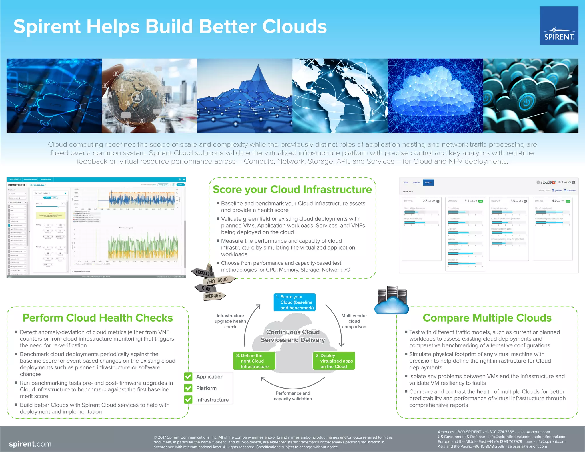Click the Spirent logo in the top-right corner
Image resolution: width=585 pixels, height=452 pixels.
pos(559,25)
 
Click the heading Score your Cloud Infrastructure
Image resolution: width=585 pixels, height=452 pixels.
pos(292,190)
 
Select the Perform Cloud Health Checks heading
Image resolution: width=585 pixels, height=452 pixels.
pos(98,318)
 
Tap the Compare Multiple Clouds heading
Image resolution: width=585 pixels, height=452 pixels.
pos(487,318)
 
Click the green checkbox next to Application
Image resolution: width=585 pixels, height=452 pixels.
pos(188,377)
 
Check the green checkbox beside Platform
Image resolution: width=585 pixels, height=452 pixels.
pos(188,388)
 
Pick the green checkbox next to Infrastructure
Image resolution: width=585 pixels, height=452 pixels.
pos(188,400)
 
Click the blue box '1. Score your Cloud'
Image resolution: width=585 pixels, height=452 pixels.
pos(294,302)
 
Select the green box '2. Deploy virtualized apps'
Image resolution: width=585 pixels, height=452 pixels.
pos(334,361)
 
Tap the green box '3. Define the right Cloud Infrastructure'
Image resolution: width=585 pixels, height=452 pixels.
pos(254,361)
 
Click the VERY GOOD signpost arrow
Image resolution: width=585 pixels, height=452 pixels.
pos(218,280)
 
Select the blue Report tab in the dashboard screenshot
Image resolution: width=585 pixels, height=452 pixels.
pos(428,182)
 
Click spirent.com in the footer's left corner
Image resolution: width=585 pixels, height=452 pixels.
pos(30,444)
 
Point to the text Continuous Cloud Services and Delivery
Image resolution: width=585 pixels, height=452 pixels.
pos(293,336)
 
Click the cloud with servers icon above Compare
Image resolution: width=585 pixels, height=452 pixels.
pos(392,302)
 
